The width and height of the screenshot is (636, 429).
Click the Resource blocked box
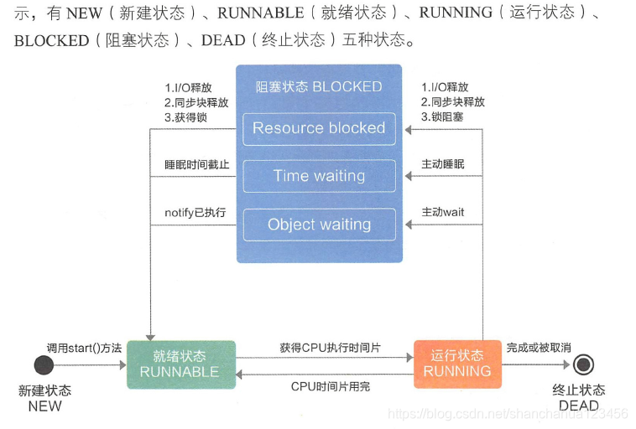[319, 129]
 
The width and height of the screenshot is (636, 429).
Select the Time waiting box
[319, 176]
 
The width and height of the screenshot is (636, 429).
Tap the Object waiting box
[319, 225]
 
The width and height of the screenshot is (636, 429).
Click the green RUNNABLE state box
[181, 364]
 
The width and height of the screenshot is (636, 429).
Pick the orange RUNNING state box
[457, 364]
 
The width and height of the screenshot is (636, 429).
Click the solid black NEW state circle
[44, 365]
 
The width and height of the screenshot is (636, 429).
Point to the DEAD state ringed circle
[583, 364]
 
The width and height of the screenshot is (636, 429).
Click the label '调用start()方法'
[84, 348]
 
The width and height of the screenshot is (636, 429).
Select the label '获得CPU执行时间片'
[330, 348]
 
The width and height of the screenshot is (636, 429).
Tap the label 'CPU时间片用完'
[331, 386]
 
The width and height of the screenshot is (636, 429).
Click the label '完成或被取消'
[539, 348]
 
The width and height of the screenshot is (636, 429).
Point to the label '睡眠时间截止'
[196, 164]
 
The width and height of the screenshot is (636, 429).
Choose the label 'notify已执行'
[195, 213]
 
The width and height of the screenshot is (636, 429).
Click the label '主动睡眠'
[443, 164]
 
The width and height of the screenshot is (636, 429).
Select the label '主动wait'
[443, 212]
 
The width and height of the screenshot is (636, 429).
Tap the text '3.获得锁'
[185, 117]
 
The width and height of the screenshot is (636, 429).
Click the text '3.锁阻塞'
[442, 117]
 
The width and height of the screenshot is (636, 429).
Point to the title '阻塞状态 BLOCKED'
[319, 86]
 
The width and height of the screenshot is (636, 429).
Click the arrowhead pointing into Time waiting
[409, 176]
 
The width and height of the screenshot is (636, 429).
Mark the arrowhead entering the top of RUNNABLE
[150, 338]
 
